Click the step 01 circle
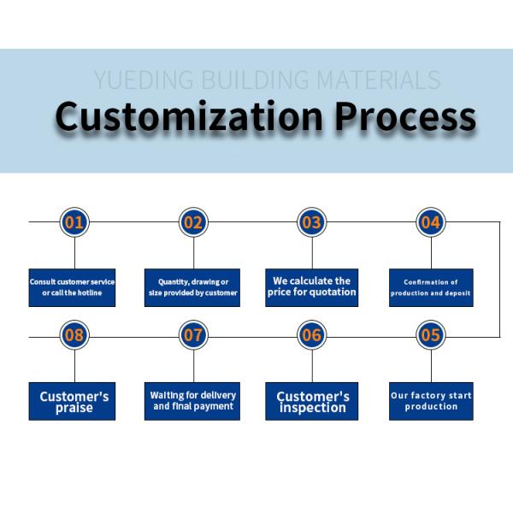click(x=74, y=223)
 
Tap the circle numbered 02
click(x=193, y=223)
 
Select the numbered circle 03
click(x=312, y=223)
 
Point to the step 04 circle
click(x=431, y=223)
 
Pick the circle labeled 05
click(x=431, y=335)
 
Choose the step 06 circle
click(x=312, y=335)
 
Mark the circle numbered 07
click(x=193, y=335)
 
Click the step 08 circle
click(x=74, y=335)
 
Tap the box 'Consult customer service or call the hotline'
click(x=72, y=287)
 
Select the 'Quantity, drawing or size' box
click(x=192, y=287)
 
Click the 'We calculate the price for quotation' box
click(x=311, y=287)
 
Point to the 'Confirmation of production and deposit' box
click(x=431, y=287)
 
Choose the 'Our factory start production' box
click(x=431, y=400)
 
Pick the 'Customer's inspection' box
click(x=313, y=400)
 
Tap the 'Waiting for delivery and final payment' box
click(x=192, y=400)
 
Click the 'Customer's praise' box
click(x=73, y=400)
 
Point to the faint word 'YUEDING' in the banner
click(x=144, y=81)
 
